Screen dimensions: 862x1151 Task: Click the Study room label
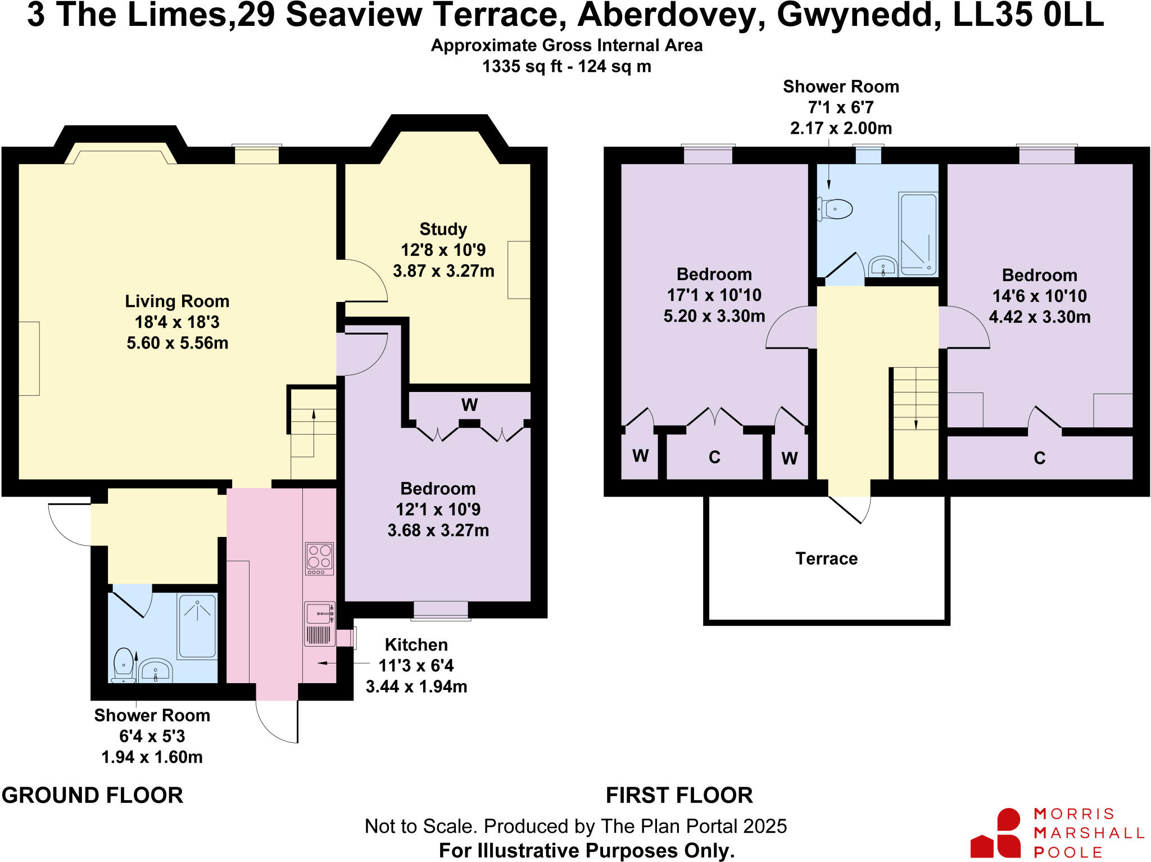pyautogui.click(x=443, y=229)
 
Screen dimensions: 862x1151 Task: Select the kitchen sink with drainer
pyautogui.click(x=319, y=624)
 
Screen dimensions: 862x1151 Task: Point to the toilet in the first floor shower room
pyautogui.click(x=835, y=209)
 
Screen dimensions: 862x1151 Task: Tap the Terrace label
pyautogui.click(x=826, y=558)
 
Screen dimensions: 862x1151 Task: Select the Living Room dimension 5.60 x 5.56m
pyautogui.click(x=177, y=342)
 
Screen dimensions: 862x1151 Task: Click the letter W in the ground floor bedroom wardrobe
pyautogui.click(x=469, y=405)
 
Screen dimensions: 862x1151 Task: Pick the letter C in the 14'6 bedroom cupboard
pyautogui.click(x=1039, y=458)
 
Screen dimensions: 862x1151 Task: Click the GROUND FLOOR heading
pyautogui.click(x=92, y=795)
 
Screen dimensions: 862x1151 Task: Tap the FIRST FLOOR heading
pyautogui.click(x=679, y=795)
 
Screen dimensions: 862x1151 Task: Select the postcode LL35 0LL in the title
pyautogui.click(x=1028, y=15)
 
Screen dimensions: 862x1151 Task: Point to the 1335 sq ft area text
pyautogui.click(x=522, y=66)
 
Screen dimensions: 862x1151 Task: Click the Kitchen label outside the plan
pyautogui.click(x=416, y=644)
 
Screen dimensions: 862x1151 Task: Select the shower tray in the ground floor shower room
pyautogui.click(x=197, y=626)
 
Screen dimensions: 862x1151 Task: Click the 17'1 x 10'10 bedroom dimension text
pyautogui.click(x=714, y=295)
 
